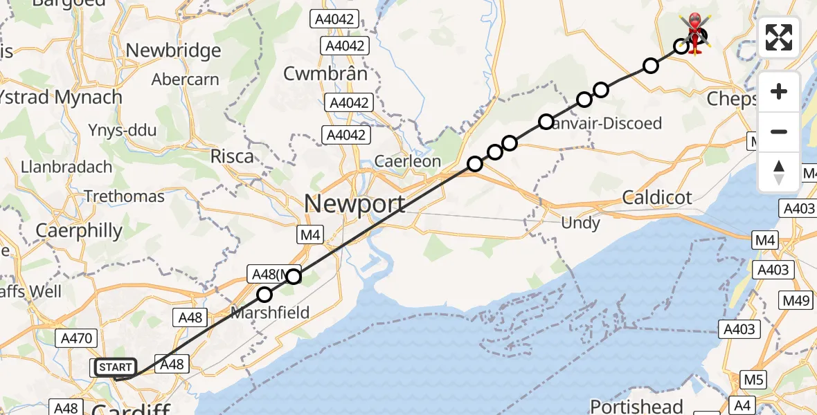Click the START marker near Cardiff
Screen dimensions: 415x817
pyautogui.click(x=114, y=367)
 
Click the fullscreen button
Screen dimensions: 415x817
pyautogui.click(x=779, y=37)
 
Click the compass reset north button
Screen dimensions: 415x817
pyautogui.click(x=779, y=172)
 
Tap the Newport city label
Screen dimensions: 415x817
pyautogui.click(x=354, y=204)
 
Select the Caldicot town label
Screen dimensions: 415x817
pyautogui.click(x=657, y=198)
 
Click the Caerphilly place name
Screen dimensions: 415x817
pyautogui.click(x=79, y=230)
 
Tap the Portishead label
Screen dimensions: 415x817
pyautogui.click(x=637, y=406)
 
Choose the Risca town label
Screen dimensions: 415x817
pyautogui.click(x=233, y=156)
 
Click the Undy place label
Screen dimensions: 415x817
pyautogui.click(x=581, y=223)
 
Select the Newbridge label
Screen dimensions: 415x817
pyautogui.click(x=174, y=50)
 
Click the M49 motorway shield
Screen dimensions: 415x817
pyautogui.click(x=796, y=300)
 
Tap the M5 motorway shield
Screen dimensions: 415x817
pyautogui.click(x=753, y=379)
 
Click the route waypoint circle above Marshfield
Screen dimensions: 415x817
pyautogui.click(x=264, y=295)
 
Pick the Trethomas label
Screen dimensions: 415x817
pyautogui.click(x=125, y=196)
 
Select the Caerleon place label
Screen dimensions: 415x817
pyautogui.click(x=407, y=161)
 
